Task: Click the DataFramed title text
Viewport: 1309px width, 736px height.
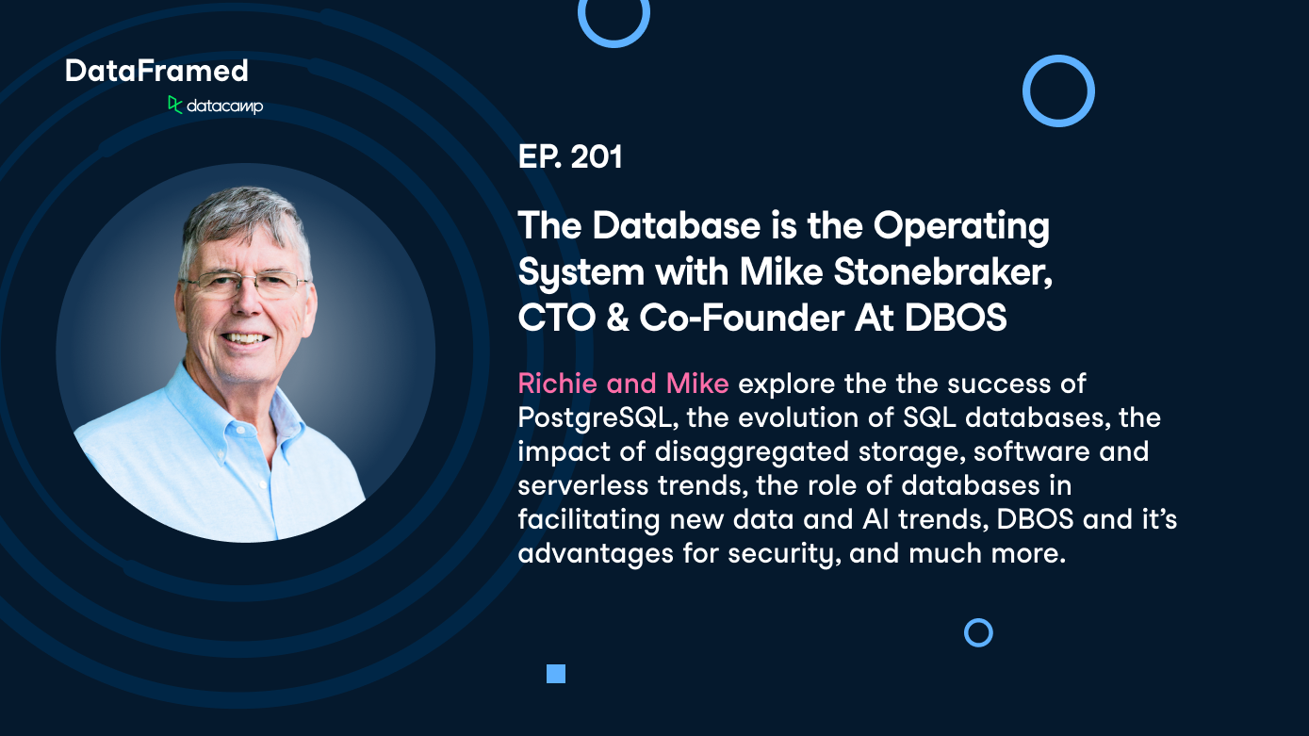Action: (156, 71)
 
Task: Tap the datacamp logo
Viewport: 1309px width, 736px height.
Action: (215, 106)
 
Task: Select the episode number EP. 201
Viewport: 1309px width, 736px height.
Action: (570, 156)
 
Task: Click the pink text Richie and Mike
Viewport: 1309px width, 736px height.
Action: (623, 384)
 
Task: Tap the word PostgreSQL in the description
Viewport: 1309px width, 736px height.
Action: (595, 417)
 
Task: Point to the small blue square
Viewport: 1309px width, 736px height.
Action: (556, 673)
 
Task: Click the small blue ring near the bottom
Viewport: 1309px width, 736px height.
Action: (978, 632)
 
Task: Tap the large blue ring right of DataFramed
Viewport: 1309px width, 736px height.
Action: (1058, 90)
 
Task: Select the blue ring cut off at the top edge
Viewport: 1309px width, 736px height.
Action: (614, 19)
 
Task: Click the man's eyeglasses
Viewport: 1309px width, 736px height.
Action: (242, 282)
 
